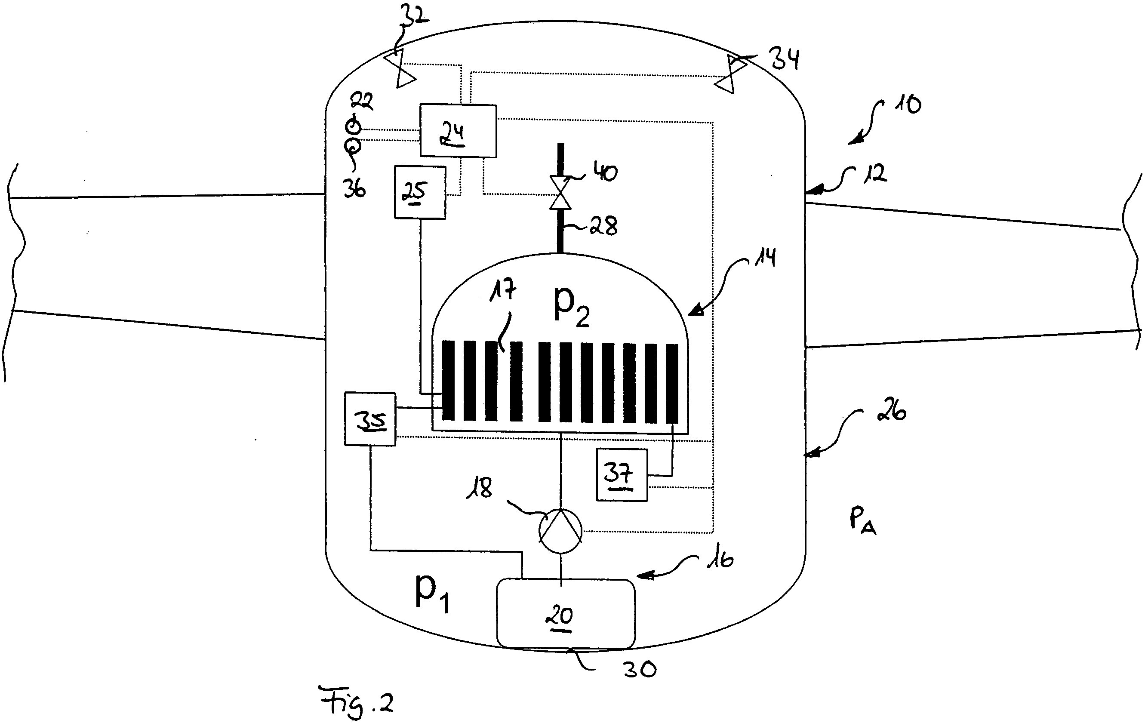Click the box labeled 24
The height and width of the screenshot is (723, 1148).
coord(458,131)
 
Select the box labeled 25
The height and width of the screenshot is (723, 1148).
coord(419,192)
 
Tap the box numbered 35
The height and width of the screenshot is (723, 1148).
coord(370,419)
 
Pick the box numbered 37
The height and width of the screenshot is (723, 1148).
coord(621,475)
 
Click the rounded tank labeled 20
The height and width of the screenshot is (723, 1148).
coord(566,614)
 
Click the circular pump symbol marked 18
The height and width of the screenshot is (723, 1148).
coord(560,531)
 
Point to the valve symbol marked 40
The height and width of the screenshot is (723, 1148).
coord(560,193)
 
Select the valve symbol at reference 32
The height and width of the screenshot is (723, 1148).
coord(400,69)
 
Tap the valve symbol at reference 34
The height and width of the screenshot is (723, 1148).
coord(730,74)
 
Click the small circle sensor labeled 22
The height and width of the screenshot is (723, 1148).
coord(353,126)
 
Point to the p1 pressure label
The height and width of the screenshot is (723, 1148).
coord(431,592)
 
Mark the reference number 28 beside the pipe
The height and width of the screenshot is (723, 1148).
coord(603,225)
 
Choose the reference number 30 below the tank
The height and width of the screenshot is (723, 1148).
coord(640,670)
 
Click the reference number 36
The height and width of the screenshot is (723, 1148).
coord(354,189)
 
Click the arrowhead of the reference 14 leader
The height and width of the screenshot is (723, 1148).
coord(693,312)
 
